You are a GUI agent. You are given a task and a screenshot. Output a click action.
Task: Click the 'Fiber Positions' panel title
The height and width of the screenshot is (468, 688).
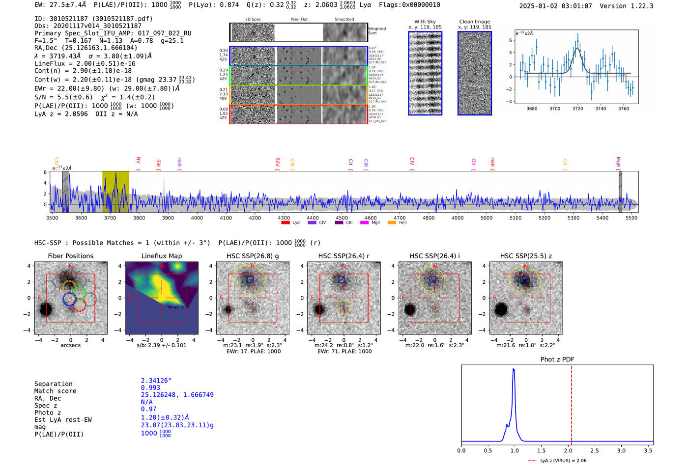[70, 256]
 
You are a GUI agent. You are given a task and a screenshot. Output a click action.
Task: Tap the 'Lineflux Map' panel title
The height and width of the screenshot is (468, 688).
[162, 256]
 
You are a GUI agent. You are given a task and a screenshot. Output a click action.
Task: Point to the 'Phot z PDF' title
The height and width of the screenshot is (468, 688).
[557, 359]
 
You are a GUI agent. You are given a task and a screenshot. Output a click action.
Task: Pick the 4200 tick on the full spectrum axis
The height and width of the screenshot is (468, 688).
[255, 218]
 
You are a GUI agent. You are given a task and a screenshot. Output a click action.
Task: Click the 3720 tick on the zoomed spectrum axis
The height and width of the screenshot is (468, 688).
[577, 109]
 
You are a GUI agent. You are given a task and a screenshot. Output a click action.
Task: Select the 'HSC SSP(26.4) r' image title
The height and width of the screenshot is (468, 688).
[344, 256]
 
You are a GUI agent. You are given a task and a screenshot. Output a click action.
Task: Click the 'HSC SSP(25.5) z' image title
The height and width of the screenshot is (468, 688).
[526, 256]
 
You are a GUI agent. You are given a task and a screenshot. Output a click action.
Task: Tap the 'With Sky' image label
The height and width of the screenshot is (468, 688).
[425, 22]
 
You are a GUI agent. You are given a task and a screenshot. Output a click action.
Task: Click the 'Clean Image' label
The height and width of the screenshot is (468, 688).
[475, 22]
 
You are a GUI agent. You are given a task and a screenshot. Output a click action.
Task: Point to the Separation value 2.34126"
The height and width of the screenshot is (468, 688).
[156, 381]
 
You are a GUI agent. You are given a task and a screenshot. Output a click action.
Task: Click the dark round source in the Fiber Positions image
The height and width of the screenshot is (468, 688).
[46, 309]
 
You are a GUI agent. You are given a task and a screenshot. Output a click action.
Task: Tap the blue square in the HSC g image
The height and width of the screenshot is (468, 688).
[250, 279]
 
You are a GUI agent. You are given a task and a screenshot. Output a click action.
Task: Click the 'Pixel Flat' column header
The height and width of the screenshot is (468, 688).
[299, 20]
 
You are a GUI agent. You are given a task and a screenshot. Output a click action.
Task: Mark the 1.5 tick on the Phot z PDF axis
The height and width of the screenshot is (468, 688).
[541, 450]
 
